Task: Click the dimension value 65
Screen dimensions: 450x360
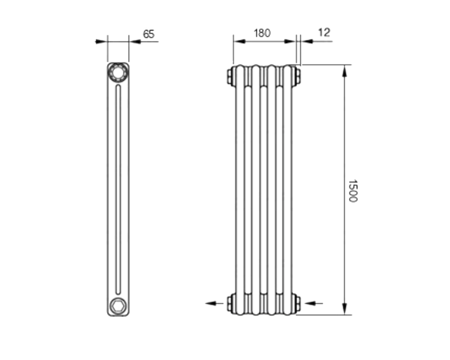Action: [148, 34]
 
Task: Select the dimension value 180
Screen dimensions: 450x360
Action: [262, 33]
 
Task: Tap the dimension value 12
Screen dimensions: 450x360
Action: [324, 32]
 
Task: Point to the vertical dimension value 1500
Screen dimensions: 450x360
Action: [353, 191]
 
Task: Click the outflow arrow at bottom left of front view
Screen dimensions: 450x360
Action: [214, 303]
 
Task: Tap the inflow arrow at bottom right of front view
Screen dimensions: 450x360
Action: [313, 303]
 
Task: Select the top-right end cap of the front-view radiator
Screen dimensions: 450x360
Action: [297, 76]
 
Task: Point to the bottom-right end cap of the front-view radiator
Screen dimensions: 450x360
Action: [297, 303]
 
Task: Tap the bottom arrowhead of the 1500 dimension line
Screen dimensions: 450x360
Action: [345, 309]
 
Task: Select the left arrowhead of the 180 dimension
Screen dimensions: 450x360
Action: [239, 41]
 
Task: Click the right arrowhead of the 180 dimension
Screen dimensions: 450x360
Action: [289, 41]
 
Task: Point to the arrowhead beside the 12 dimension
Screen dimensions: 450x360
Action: [307, 41]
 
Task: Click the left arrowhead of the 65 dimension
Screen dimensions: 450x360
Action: [101, 42]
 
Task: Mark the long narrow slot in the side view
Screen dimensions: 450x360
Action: [118, 189]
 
